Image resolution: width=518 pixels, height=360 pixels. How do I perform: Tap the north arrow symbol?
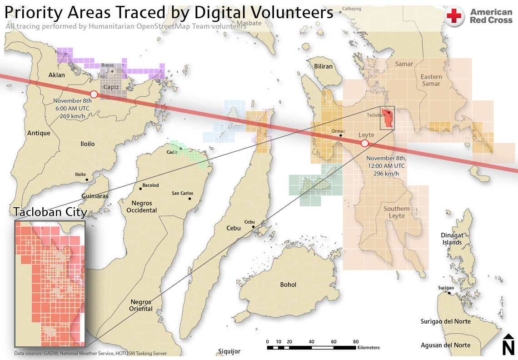coord(508,344)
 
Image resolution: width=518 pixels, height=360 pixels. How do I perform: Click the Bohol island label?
coord(288,285)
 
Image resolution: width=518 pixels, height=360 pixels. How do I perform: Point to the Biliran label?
coord(324,66)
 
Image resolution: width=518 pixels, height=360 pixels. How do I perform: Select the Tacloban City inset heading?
coord(50,212)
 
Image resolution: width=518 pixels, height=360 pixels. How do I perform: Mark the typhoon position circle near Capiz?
coord(94,94)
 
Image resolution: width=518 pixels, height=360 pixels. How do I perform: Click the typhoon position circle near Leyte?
coord(364,143)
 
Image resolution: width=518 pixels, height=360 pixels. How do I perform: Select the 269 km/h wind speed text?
coord(72,115)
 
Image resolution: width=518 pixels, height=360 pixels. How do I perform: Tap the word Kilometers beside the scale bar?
coord(368,348)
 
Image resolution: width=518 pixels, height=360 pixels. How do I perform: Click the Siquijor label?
coord(229,351)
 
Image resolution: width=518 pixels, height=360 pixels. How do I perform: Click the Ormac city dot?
coord(340,135)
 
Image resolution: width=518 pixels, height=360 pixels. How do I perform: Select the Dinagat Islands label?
coord(452,239)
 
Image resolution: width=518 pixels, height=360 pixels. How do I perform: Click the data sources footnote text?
coord(90,353)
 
